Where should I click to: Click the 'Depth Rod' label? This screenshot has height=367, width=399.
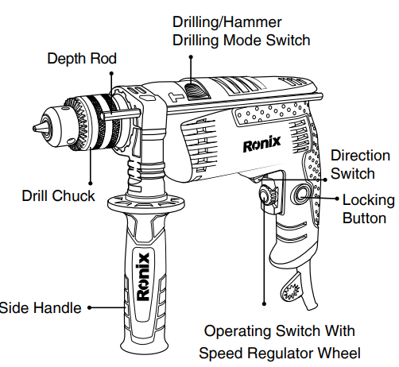(x=82, y=59)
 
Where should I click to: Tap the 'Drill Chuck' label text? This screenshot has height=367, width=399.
(x=59, y=195)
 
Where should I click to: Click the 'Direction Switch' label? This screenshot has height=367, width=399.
(x=360, y=164)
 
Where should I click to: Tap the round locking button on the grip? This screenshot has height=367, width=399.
(x=303, y=195)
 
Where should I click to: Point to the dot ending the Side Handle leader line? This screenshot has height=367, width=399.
(x=91, y=307)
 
